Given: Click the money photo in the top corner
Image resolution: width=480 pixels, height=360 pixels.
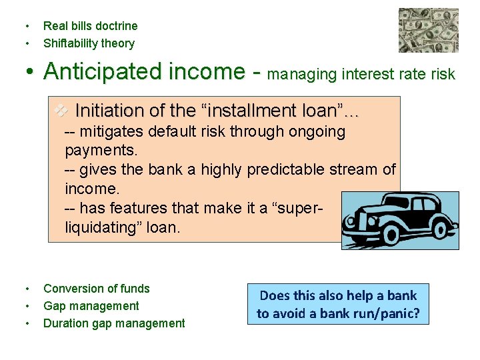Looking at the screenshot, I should click(428, 30).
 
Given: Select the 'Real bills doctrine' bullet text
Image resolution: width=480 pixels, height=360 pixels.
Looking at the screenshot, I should click(90, 26).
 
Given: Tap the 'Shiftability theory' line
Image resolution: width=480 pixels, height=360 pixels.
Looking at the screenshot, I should click(89, 43).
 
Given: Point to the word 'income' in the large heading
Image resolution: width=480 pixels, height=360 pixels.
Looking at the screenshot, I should click(213, 71).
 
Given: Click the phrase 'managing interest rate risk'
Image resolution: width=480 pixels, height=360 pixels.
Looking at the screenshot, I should click(361, 74).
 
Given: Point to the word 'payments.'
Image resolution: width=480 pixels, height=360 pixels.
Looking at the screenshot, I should click(101, 150).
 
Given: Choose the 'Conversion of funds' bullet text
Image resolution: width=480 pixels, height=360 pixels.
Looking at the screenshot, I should click(97, 289).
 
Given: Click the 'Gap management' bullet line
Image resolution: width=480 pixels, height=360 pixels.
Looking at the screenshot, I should click(91, 306).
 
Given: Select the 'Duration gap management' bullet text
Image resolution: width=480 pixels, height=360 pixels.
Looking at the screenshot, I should click(114, 323).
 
